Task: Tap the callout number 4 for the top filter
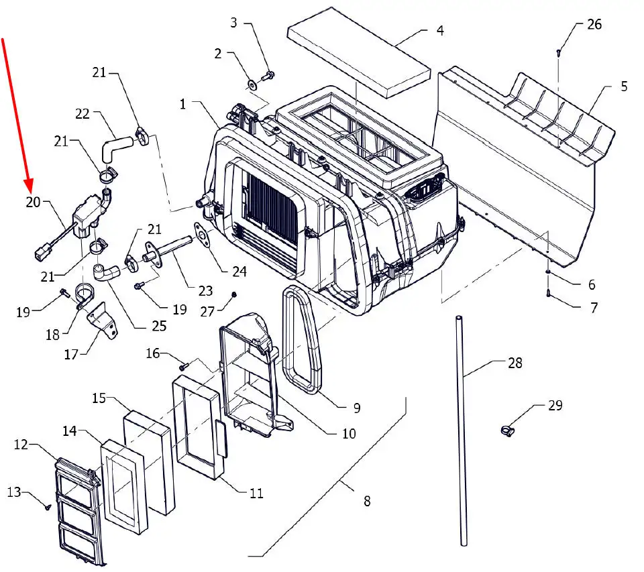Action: coord(440,31)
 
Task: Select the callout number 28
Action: coord(515,363)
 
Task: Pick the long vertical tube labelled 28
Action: coord(462,429)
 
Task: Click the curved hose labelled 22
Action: coord(117,146)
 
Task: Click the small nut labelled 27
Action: coord(234,294)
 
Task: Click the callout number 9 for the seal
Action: coord(357,407)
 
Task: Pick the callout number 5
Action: coord(623,87)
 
